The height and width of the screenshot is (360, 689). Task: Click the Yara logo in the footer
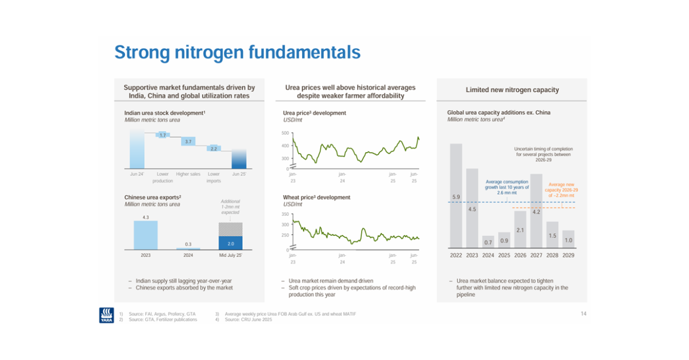(x=106, y=315)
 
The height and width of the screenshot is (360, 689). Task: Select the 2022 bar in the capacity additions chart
(x=456, y=195)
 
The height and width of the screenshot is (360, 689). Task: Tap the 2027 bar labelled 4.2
(x=536, y=210)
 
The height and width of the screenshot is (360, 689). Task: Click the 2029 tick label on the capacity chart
(x=568, y=255)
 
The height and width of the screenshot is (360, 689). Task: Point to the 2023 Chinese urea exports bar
(x=145, y=235)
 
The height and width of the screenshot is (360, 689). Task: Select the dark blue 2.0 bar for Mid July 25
(x=230, y=243)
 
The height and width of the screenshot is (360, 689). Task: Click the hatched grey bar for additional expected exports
(x=230, y=229)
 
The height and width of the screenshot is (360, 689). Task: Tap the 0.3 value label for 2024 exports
(x=188, y=244)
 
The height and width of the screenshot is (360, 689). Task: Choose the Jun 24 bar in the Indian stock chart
(x=137, y=148)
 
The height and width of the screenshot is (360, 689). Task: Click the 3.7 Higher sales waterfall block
(x=188, y=141)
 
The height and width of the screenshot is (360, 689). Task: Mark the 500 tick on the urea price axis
(x=285, y=133)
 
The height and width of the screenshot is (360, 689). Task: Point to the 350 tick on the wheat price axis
(x=285, y=214)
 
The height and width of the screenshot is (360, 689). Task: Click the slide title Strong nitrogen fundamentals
(x=237, y=53)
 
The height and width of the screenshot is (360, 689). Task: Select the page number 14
(x=583, y=313)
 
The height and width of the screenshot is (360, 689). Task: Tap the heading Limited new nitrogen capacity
(x=512, y=90)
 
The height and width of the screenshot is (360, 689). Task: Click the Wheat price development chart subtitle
(x=317, y=198)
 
